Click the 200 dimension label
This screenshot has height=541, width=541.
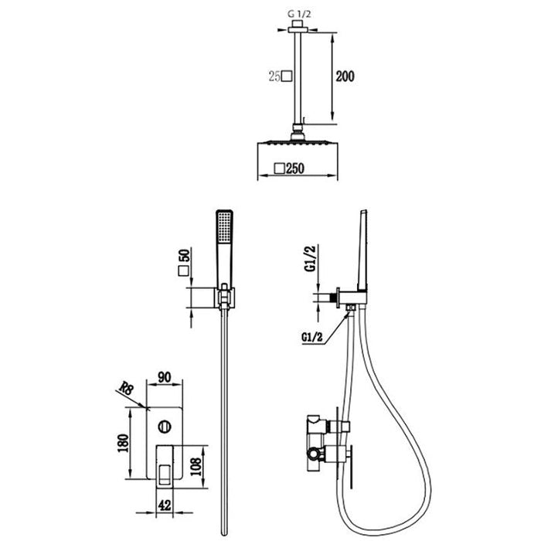[345, 77]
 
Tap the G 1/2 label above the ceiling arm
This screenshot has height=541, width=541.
[300, 14]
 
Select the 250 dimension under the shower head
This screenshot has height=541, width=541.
[295, 168]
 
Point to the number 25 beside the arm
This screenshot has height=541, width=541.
[274, 77]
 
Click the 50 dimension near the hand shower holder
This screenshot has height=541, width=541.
[185, 256]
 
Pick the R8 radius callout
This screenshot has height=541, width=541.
[126, 388]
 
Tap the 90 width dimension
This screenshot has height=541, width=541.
[164, 377]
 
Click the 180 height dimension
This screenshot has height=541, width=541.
[124, 444]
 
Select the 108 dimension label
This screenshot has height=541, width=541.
[196, 467]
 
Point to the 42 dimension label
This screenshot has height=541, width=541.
[164, 505]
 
